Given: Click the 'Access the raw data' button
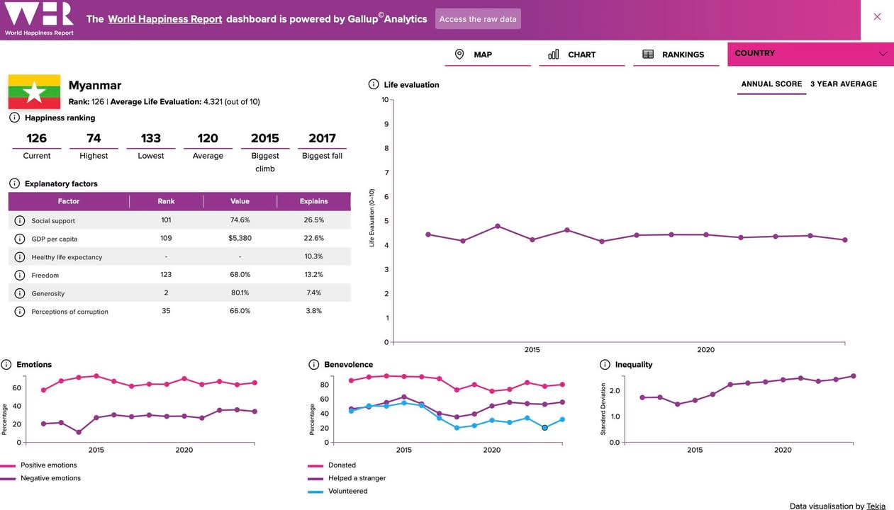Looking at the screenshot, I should coord(478,19).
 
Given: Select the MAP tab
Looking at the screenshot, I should coord(482,55).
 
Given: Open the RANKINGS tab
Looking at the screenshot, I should coord(683,55).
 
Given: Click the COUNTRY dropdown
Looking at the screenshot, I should coord(810,54).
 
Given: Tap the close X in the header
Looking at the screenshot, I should coord(877,17).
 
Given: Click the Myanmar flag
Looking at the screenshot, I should coord(34,92).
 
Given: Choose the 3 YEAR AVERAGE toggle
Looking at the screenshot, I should coord(843,84).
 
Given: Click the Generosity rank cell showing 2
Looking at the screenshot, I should coord(166,293).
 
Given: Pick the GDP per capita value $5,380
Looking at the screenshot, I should coord(240,238).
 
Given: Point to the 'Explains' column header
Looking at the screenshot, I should coord(313,201).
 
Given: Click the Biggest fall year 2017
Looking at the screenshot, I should coord(322,138).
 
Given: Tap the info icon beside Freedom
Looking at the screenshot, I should coord(20,275).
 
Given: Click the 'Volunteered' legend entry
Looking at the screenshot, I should coord(347,491).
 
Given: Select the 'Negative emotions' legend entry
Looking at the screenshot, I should coord(50,478).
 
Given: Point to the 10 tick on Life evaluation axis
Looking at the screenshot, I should coord(385,100).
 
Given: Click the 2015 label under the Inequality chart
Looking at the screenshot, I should coord(695,450).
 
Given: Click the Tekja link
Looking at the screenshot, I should coord(876,506).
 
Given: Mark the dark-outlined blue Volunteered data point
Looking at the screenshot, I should coord(544,428).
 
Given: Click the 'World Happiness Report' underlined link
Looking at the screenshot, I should coord(164,19).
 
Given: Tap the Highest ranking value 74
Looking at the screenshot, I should coord(94,138).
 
